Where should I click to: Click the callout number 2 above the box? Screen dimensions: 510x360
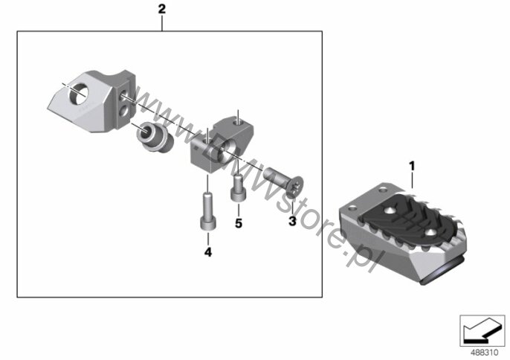tap(161, 9)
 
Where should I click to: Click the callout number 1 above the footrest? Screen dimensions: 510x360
tap(412, 167)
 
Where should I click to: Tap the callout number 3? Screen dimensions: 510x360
tap(292, 222)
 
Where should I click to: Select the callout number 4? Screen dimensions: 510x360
tap(208, 252)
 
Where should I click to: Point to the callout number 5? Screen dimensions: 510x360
tap(239, 224)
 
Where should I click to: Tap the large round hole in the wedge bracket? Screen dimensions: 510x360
tap(78, 94)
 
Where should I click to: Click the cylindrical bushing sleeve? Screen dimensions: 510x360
tap(154, 137)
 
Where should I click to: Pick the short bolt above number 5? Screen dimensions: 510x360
tap(238, 188)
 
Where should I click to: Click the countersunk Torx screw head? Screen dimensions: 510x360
tap(295, 187)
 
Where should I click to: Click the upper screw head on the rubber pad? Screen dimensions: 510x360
tap(390, 211)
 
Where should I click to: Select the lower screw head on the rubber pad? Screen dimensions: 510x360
tap(432, 233)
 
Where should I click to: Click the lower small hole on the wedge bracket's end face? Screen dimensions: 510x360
tap(124, 112)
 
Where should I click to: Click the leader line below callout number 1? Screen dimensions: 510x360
tap(412, 181)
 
